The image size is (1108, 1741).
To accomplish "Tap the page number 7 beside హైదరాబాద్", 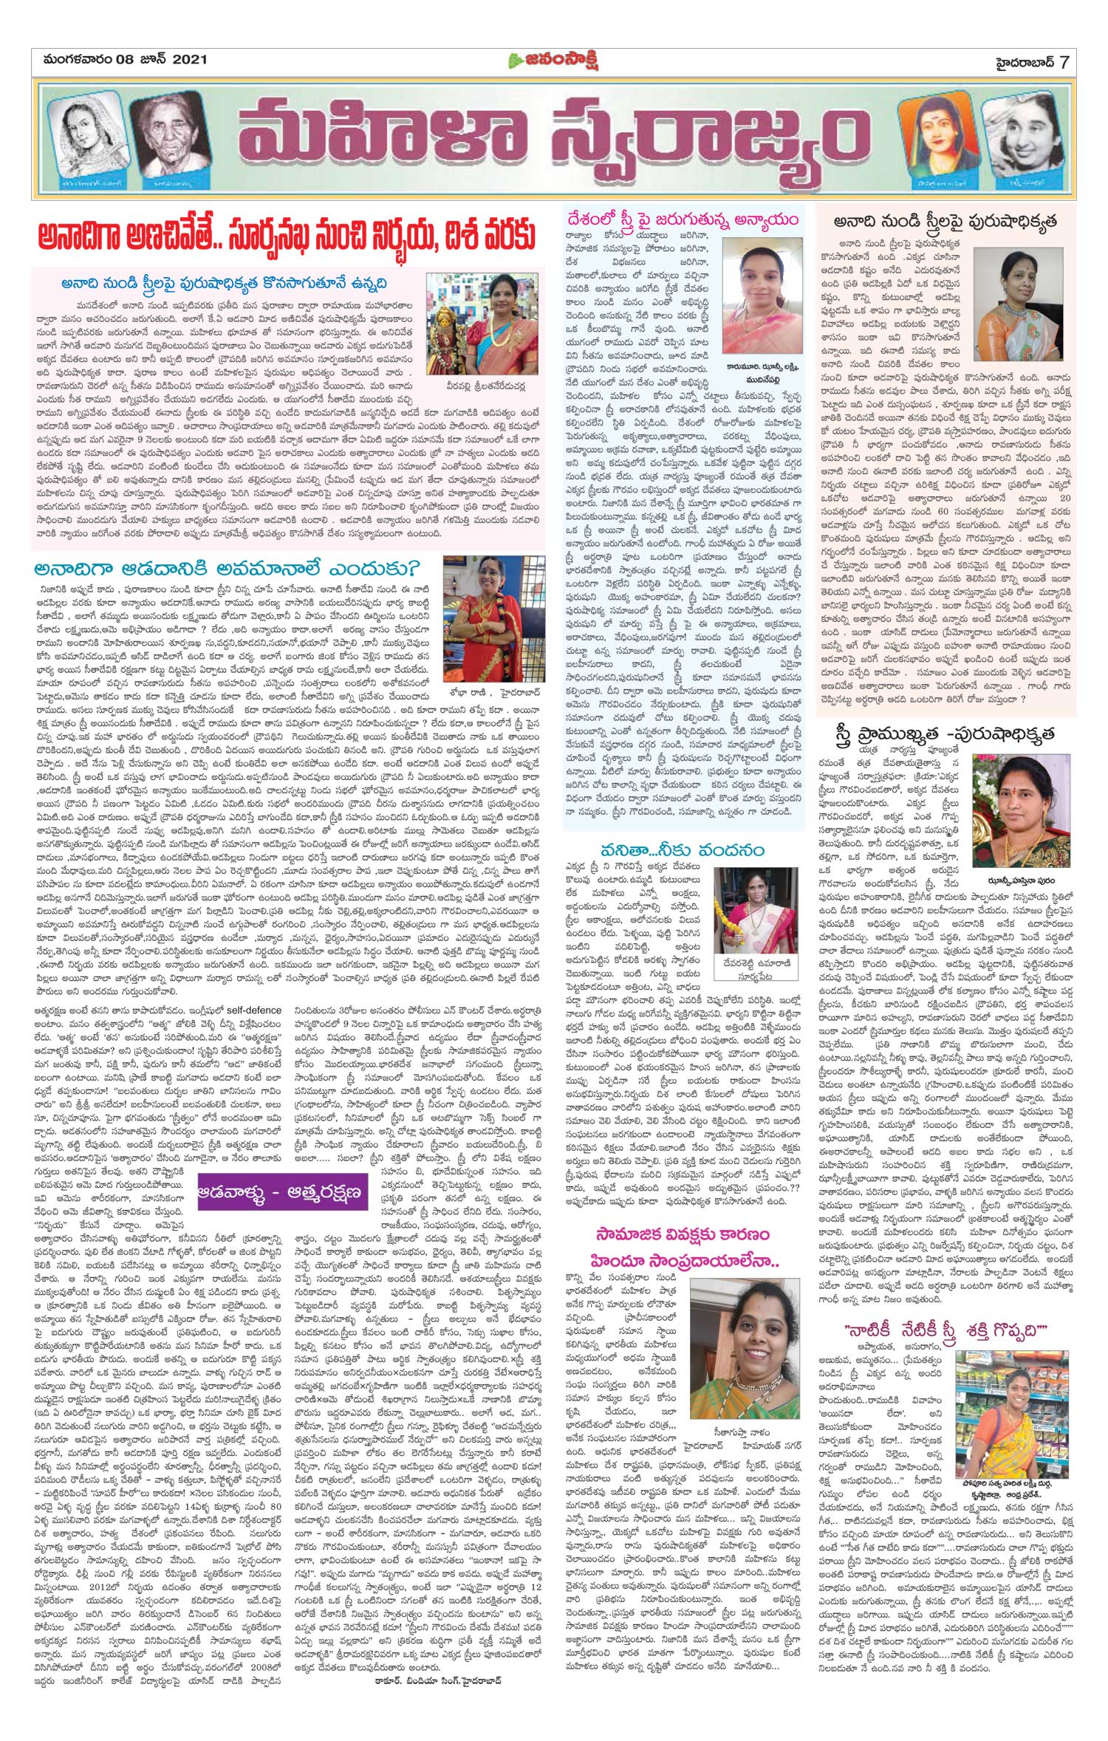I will (x=1064, y=61).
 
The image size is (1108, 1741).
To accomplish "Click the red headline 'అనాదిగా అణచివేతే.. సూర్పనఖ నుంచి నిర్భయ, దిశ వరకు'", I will (x=288, y=238).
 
